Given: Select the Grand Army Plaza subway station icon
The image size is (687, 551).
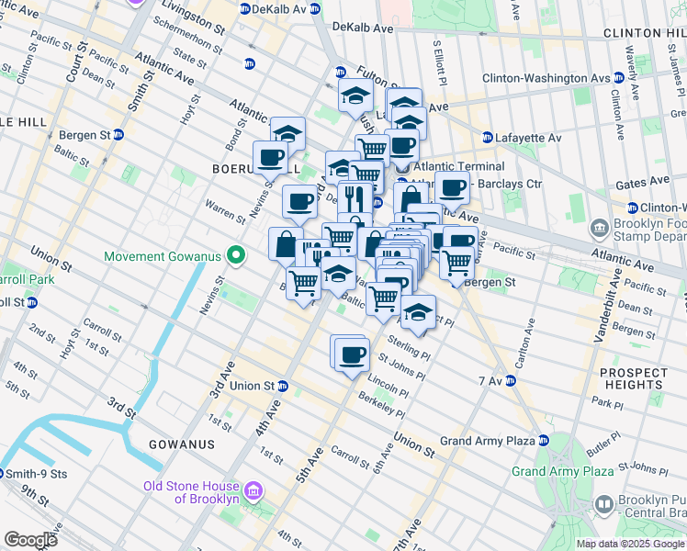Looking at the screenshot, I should click(x=544, y=441).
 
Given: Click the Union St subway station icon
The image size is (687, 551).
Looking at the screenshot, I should click(x=283, y=386).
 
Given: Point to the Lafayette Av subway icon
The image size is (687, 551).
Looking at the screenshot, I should click(x=488, y=138).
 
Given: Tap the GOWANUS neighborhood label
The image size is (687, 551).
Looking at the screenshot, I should click(x=183, y=444).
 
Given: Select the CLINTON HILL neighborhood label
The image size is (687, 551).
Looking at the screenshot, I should click(x=644, y=33).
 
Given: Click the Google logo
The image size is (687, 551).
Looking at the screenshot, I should click(x=30, y=539).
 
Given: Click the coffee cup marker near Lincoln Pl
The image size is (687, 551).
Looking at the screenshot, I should click(x=350, y=354).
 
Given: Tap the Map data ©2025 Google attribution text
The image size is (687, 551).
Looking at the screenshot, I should click(x=629, y=544).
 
